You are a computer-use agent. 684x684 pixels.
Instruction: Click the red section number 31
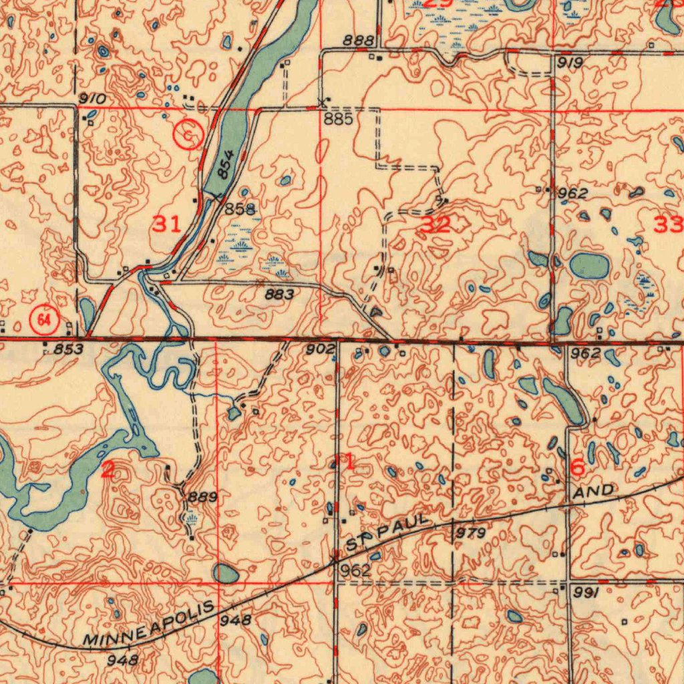pyautogui.click(x=166, y=224)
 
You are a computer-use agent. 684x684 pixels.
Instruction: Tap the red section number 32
pyautogui.click(x=436, y=225)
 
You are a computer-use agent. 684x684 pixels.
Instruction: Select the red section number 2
pyautogui.click(x=108, y=470)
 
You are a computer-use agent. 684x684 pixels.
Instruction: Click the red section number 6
pyautogui.click(x=578, y=468)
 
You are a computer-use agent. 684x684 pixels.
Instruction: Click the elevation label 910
pyautogui.click(x=92, y=99)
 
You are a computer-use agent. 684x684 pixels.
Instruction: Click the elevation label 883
pyautogui.click(x=279, y=294)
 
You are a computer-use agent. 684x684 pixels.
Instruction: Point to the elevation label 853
pyautogui.click(x=68, y=349)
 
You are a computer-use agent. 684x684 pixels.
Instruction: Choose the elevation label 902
pyautogui.click(x=321, y=349)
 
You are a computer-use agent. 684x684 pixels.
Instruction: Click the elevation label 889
pyautogui.click(x=202, y=497)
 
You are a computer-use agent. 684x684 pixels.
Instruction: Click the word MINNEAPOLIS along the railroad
pyautogui.click(x=150, y=624)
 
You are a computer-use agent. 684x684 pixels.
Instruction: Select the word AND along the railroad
pyautogui.click(x=594, y=492)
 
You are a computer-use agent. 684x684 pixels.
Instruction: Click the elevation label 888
pyautogui.click(x=358, y=41)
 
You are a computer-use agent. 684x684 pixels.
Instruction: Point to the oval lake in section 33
pyautogui.click(x=590, y=266)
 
